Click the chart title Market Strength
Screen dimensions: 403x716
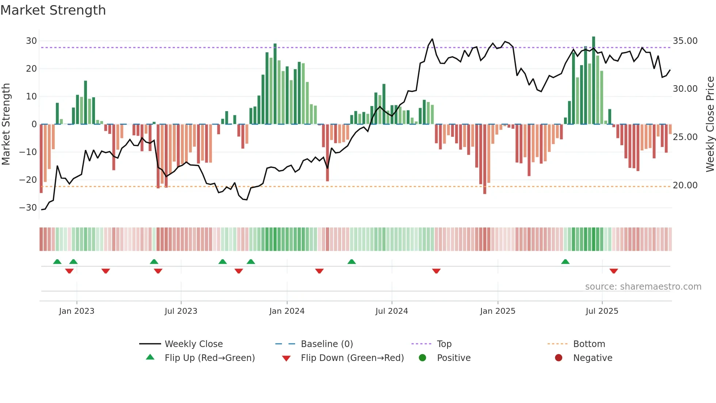pos(53,10)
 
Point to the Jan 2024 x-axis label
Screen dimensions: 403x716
pos(287,311)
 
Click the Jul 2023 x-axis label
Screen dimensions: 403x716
pos(181,311)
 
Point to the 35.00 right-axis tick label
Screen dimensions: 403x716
pos(685,41)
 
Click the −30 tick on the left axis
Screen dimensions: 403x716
pos(28,208)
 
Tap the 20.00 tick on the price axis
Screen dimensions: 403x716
pos(685,185)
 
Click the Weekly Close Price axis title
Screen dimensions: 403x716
pos(710,124)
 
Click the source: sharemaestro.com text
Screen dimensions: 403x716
pos(643,287)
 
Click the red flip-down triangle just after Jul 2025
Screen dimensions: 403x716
pos(614,271)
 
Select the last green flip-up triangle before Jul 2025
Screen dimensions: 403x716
pos(565,261)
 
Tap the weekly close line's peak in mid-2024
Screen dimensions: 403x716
pos(432,39)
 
